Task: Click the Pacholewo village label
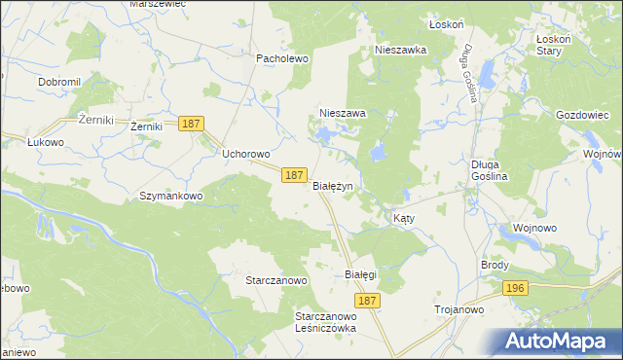click(x=281, y=58)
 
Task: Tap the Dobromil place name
click(x=58, y=82)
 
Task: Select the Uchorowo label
click(x=245, y=154)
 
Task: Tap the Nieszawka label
click(x=401, y=50)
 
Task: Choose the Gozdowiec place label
click(x=582, y=114)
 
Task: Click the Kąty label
click(x=404, y=219)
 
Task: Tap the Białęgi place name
click(x=360, y=274)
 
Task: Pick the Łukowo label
click(x=45, y=142)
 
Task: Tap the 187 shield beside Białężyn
click(x=296, y=175)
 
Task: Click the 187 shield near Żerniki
click(x=191, y=124)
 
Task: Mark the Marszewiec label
click(x=157, y=4)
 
